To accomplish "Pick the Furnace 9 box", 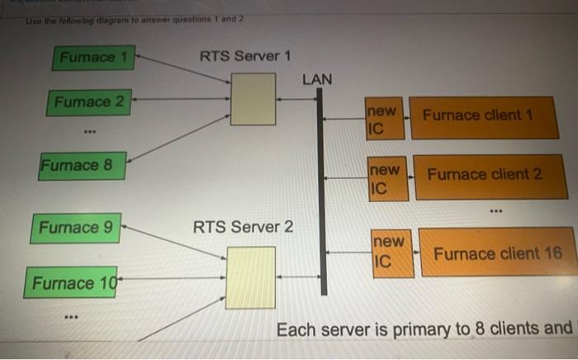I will (75, 226).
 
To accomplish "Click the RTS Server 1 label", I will (245, 56).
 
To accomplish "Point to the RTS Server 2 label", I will (243, 226).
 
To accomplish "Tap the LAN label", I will (317, 79).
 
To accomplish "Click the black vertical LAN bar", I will (322, 190).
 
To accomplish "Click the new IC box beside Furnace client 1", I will (383, 119).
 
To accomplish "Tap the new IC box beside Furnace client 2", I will (386, 179).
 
